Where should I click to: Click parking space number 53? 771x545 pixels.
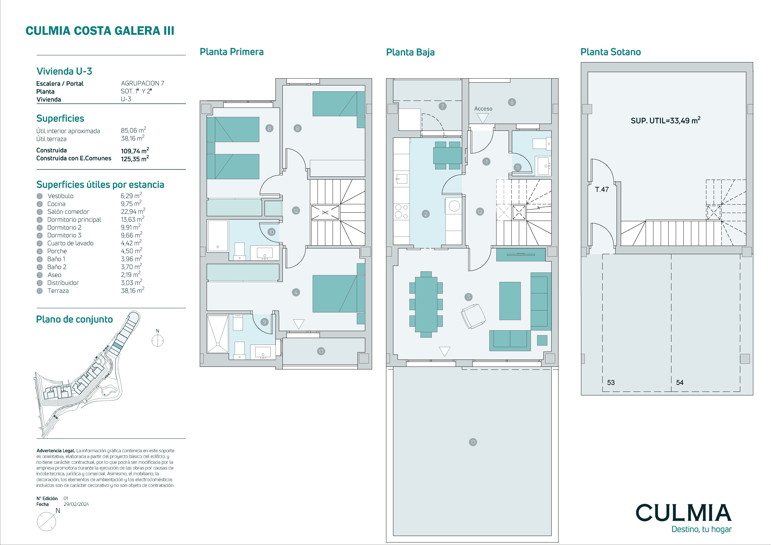(611, 382)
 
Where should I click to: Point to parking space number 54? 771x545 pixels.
(680, 382)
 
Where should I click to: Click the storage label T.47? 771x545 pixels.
(602, 189)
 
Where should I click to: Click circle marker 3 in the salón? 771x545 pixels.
(468, 297)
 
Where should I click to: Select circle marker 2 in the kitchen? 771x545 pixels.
(426, 214)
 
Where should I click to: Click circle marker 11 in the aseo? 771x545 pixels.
(517, 167)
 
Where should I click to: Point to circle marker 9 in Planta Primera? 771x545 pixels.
(265, 322)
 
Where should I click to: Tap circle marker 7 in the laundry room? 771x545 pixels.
(443, 106)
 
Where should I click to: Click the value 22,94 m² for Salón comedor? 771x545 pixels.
(133, 211)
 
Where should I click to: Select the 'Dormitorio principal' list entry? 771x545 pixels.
(74, 220)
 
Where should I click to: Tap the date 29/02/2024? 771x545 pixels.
(76, 504)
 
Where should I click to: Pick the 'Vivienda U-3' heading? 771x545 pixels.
(64, 71)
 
